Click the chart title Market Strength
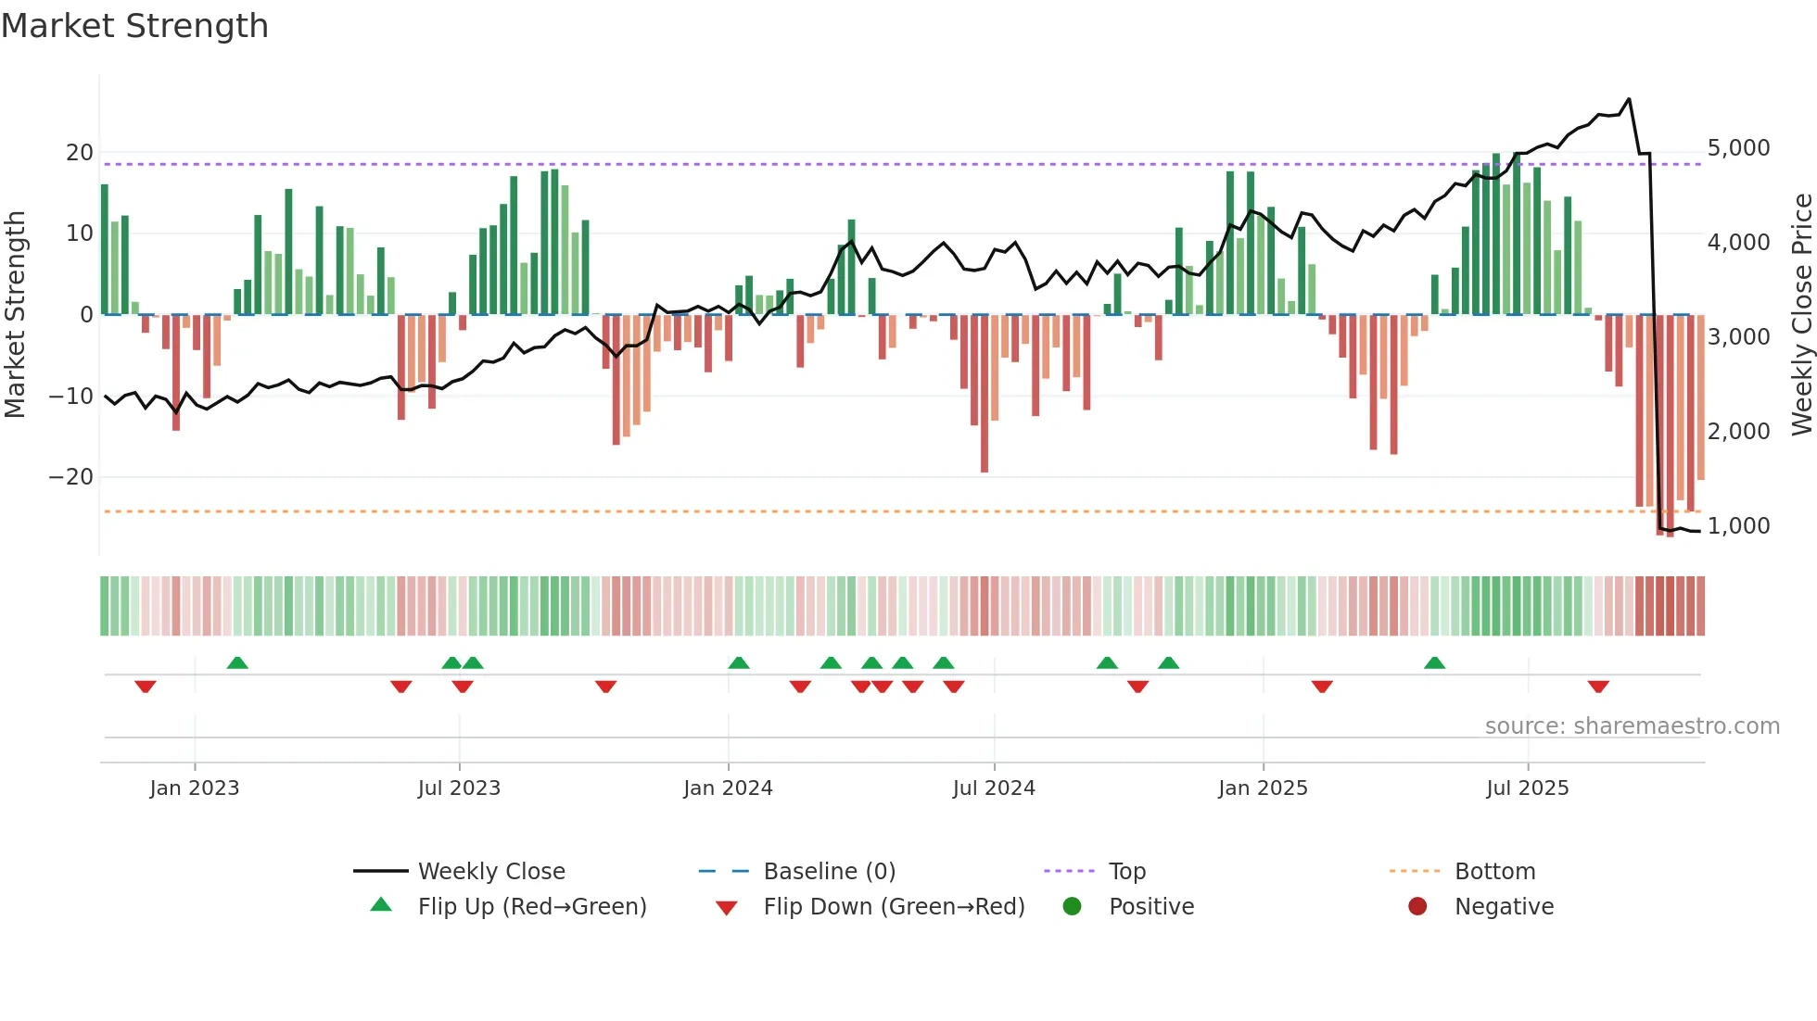(x=134, y=26)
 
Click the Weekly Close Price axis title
(x=1801, y=314)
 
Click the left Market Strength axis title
(x=15, y=314)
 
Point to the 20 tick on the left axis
(x=80, y=153)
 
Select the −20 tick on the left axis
(x=71, y=477)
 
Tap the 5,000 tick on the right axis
(x=1738, y=148)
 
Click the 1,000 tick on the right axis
(x=1738, y=525)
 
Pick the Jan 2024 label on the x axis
(x=728, y=788)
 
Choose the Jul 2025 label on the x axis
(x=1527, y=788)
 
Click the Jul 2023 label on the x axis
(x=459, y=788)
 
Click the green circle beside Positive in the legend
(x=1073, y=907)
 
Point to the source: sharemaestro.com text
(x=1632, y=726)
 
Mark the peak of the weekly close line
(x=1629, y=99)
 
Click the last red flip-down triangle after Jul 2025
(x=1598, y=687)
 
